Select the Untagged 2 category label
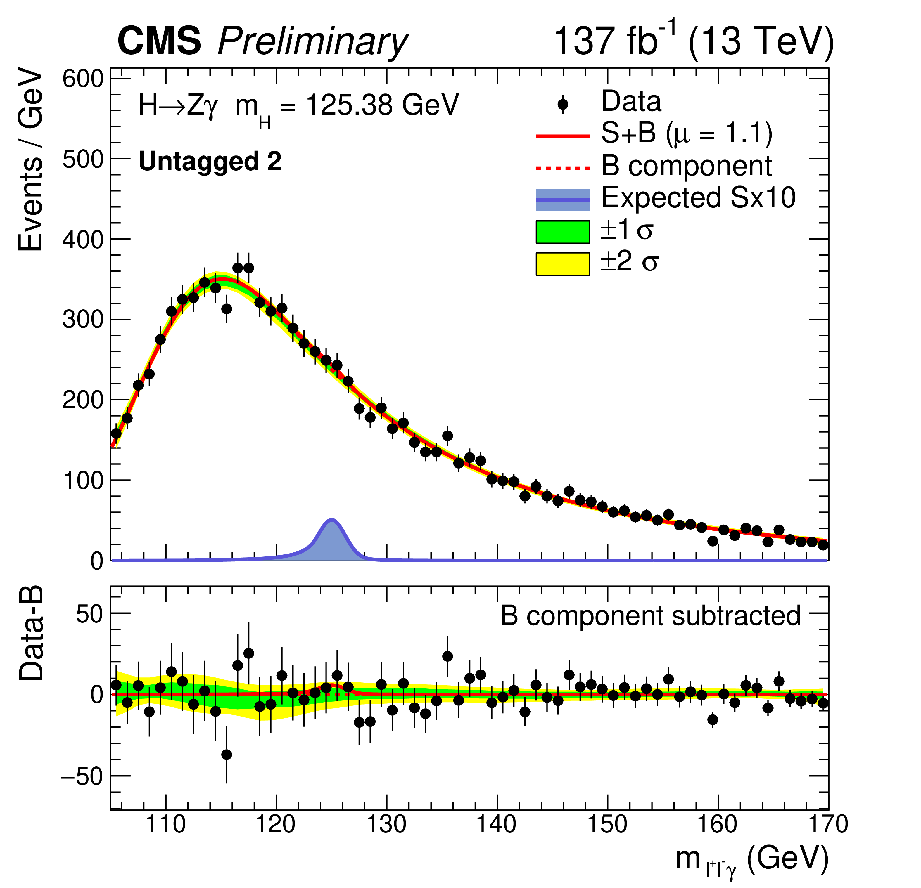click(210, 162)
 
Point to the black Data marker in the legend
click(562, 104)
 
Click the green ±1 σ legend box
click(562, 232)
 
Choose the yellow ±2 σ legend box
click(562, 263)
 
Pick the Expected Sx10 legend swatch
click(562, 200)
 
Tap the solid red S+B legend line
click(562, 136)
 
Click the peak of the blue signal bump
click(332, 520)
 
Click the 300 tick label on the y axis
click(83, 320)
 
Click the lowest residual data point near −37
click(227, 755)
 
